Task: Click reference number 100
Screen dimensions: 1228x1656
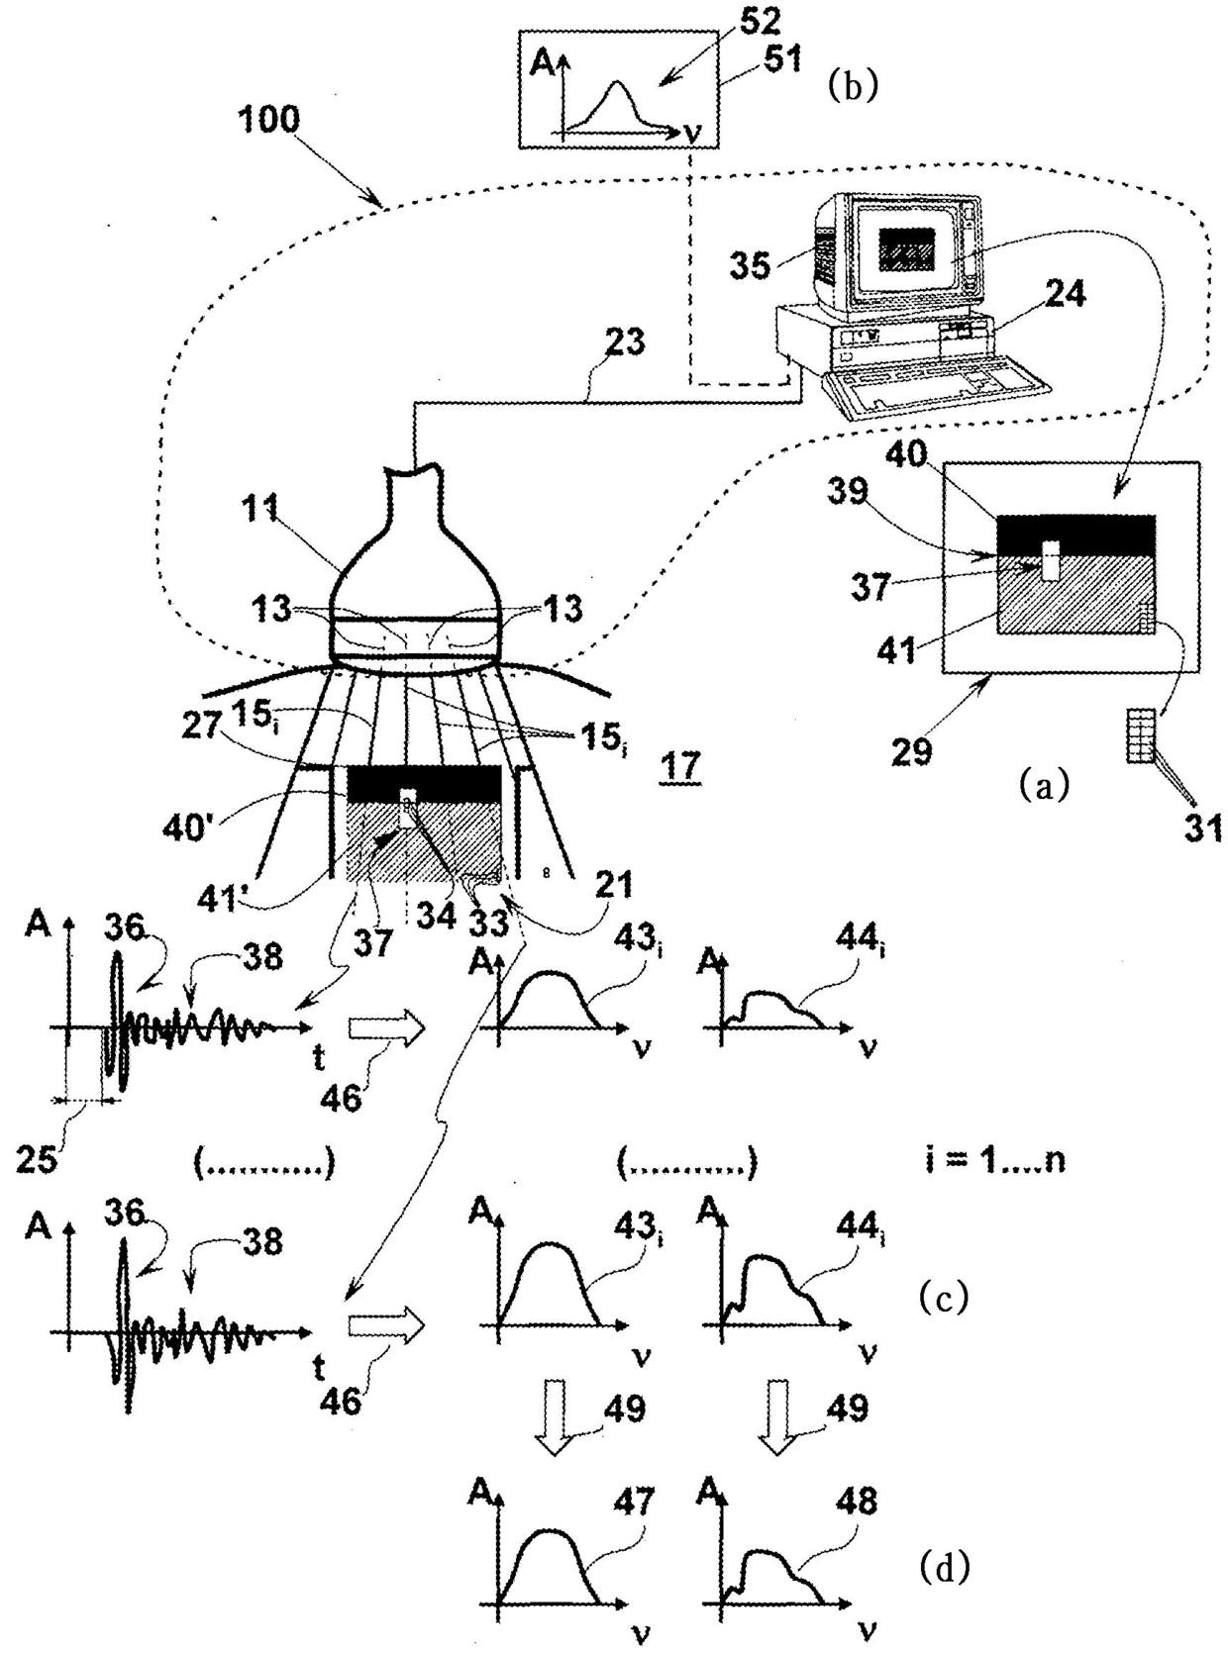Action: pyautogui.click(x=268, y=120)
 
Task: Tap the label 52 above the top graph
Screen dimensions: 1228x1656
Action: pyautogui.click(x=760, y=23)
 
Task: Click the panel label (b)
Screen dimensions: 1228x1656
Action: pyautogui.click(x=853, y=87)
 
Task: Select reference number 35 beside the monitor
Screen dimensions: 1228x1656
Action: pyautogui.click(x=751, y=263)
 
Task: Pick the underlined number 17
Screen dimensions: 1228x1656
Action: pyautogui.click(x=680, y=767)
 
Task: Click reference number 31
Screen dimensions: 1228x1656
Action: pyautogui.click(x=1202, y=828)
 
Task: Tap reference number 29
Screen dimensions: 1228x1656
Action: pyautogui.click(x=911, y=751)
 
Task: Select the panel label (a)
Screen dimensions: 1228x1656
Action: pyautogui.click(x=1044, y=786)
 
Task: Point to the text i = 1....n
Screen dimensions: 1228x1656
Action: pyautogui.click(x=994, y=1159)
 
